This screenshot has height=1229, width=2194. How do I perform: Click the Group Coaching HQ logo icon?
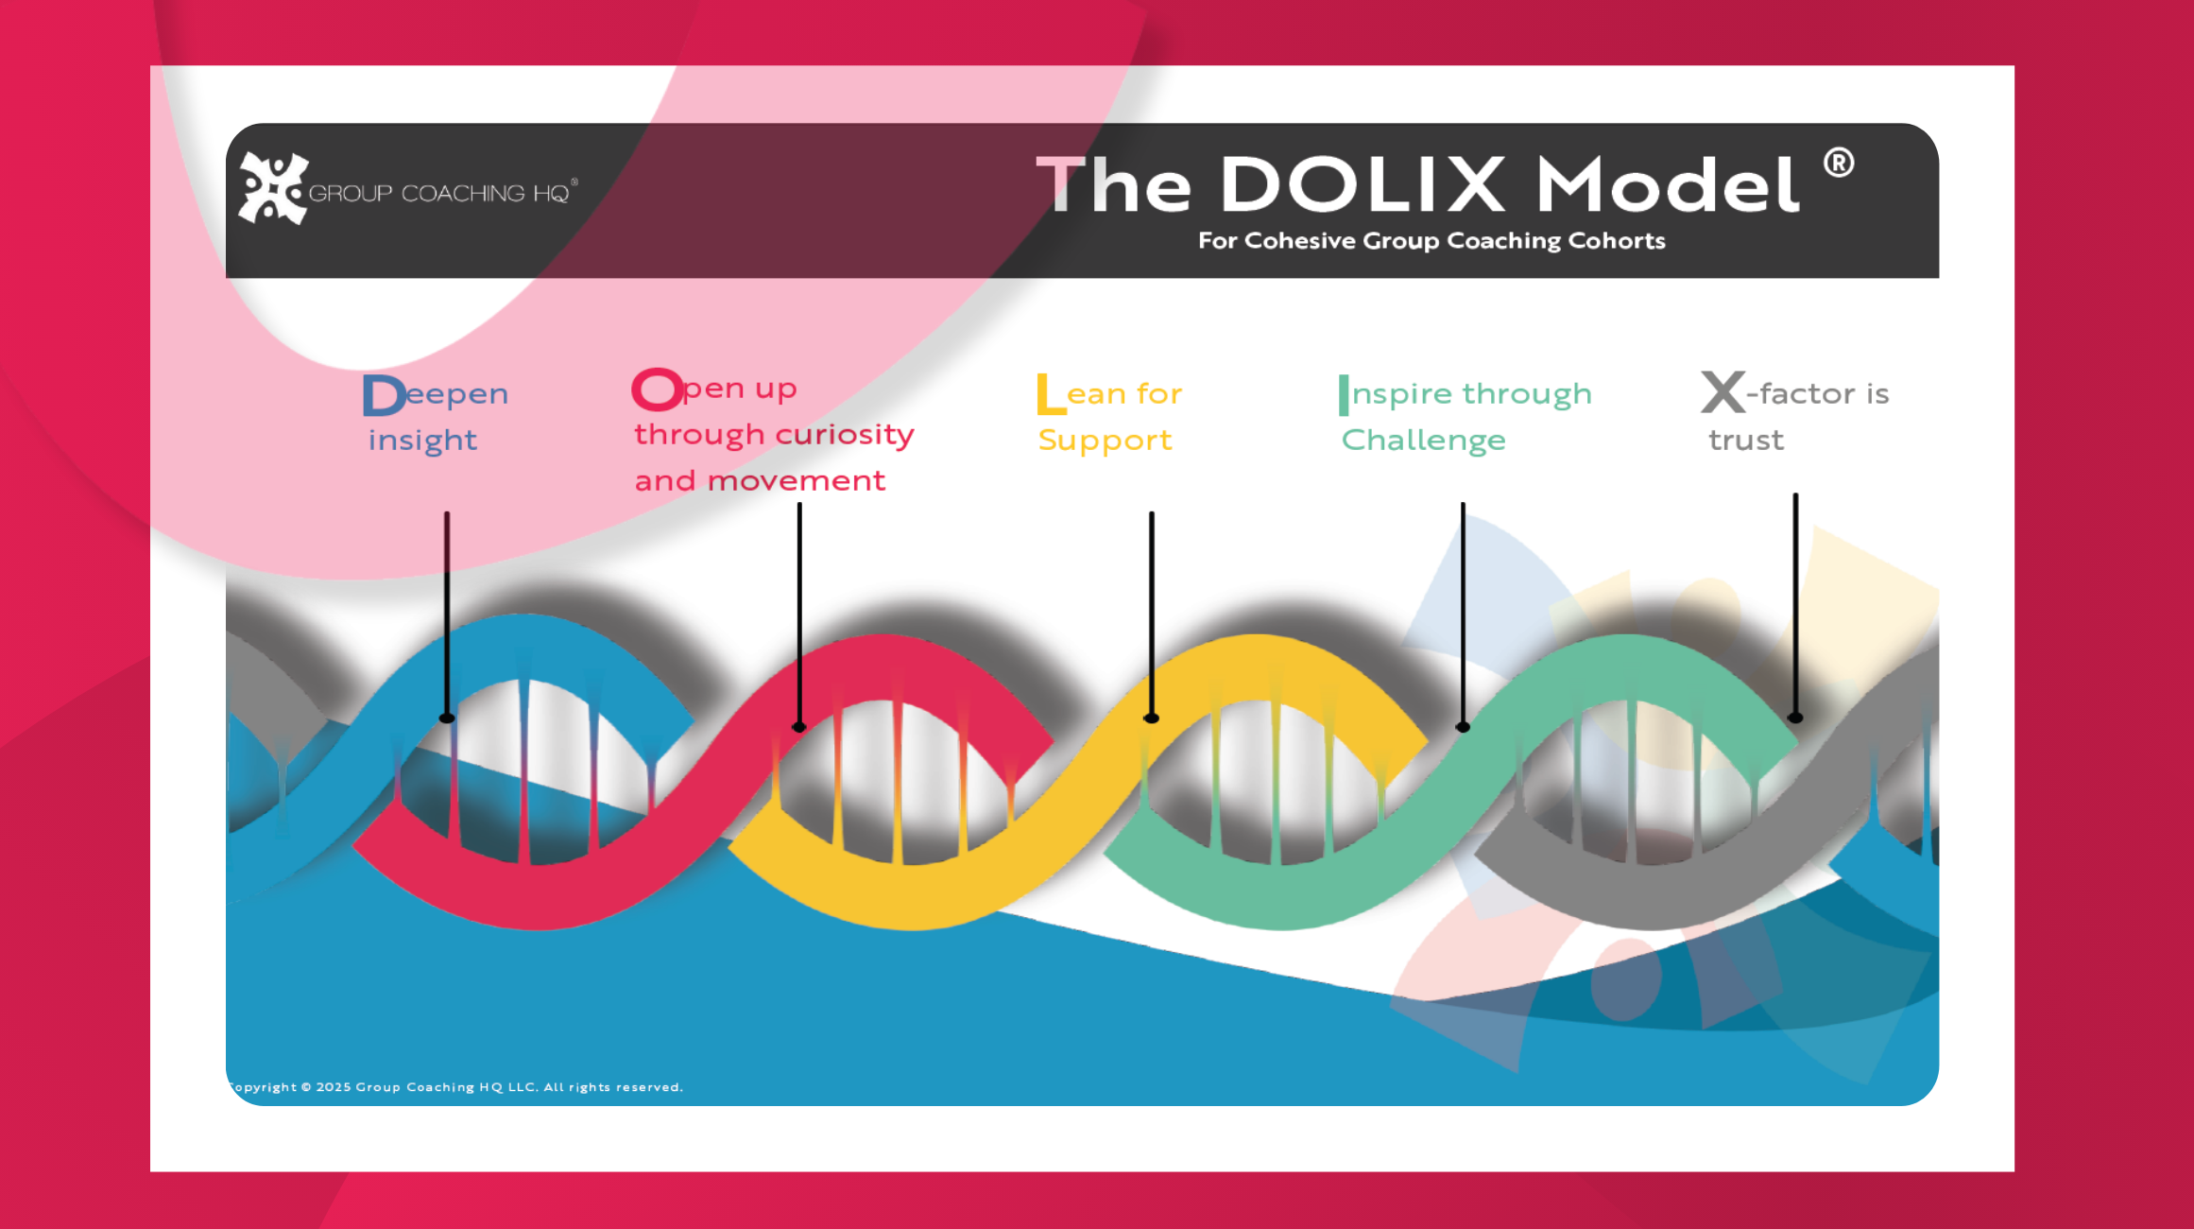tap(273, 188)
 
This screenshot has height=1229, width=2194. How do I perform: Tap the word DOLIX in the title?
tap(1363, 184)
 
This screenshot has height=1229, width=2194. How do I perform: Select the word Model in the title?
tap(1668, 184)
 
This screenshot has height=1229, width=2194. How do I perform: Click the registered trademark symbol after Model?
tap(1839, 164)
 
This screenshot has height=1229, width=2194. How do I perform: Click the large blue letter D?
tap(383, 395)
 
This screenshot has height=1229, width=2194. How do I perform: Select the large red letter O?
tap(657, 389)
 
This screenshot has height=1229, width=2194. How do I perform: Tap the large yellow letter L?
tap(1050, 394)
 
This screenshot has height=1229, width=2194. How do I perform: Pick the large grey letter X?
tap(1723, 392)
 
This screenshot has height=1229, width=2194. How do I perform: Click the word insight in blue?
tap(422, 441)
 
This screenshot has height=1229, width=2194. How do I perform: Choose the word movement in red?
tap(797, 481)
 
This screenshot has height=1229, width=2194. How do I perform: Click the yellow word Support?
tap(1105, 441)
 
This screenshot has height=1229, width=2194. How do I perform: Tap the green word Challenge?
tap(1423, 441)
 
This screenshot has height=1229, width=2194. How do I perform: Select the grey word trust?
tap(1746, 441)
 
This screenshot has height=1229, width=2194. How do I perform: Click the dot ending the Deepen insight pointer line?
tap(447, 718)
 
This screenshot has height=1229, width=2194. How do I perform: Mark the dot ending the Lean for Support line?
tap(1151, 718)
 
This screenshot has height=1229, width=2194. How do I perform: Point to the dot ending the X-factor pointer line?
tap(1795, 718)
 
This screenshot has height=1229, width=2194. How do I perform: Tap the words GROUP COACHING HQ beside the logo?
tap(439, 194)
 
